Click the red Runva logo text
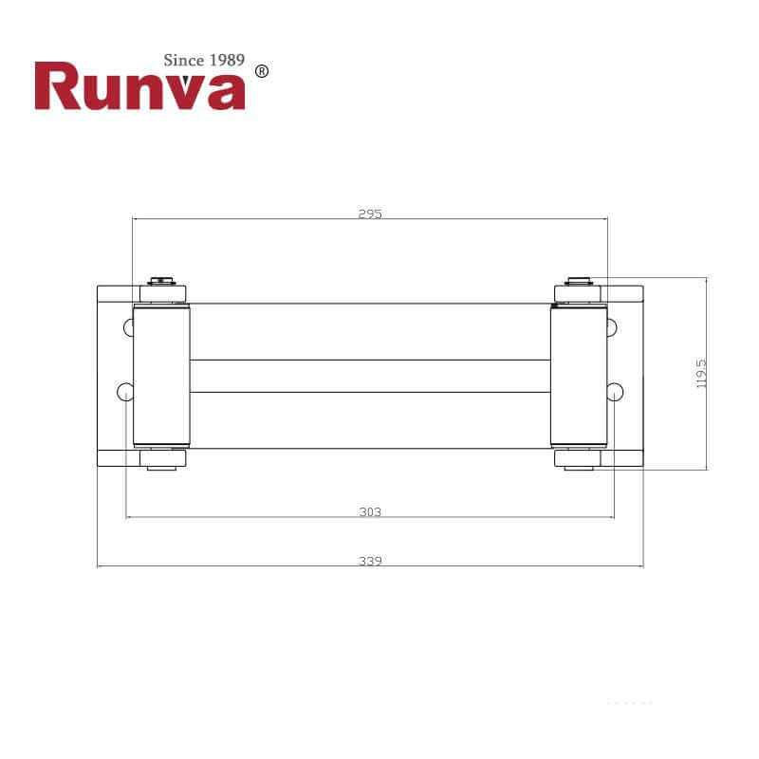(139, 87)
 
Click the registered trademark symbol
(263, 71)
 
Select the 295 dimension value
(370, 213)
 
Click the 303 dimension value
(370, 512)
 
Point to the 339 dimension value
(370, 561)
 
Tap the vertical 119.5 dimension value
(702, 373)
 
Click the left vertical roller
(161, 376)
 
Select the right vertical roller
(578, 376)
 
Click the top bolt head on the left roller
(161, 281)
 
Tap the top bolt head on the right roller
(579, 281)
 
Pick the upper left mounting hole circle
(129, 327)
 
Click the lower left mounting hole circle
(124, 391)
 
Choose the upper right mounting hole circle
(611, 327)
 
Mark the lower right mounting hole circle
(615, 391)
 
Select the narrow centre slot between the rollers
(370, 376)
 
